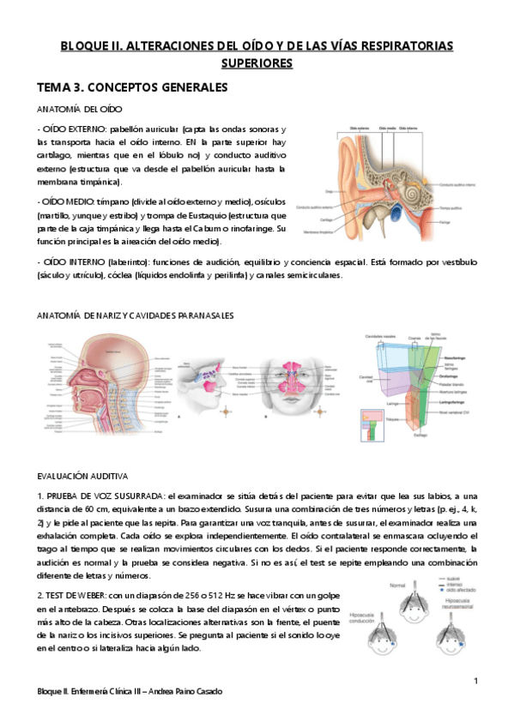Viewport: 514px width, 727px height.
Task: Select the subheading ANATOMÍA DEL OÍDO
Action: pyautogui.click(x=80, y=110)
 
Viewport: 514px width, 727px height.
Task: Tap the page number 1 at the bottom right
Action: pyautogui.click(x=475, y=681)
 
